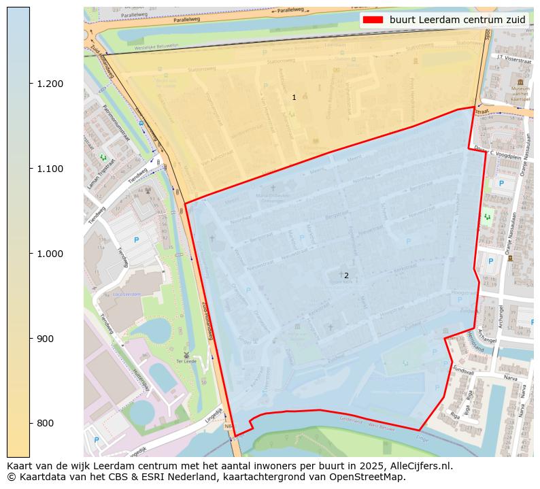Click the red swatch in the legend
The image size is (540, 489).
coord(373,20)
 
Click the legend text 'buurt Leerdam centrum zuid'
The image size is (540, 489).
coord(457,20)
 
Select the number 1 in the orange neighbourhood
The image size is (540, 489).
coord(294,98)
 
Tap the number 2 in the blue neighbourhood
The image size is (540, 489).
coord(346,275)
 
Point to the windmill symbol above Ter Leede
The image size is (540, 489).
coord(184,354)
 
